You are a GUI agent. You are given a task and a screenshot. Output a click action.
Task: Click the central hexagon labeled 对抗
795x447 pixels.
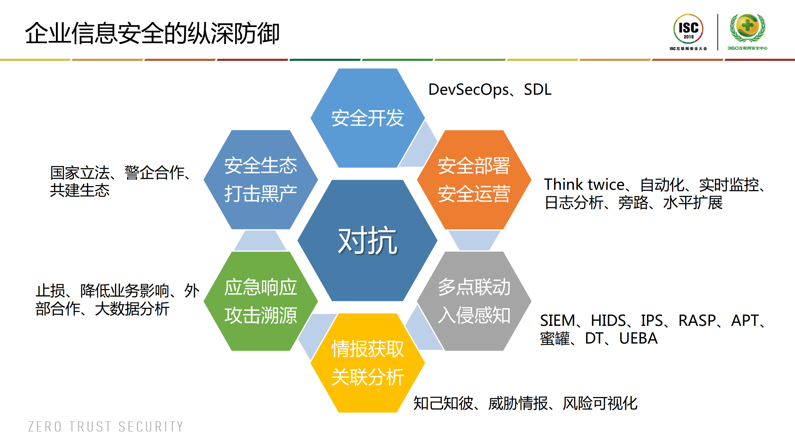pos(368,240)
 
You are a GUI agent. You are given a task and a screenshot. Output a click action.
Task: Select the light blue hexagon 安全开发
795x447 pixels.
pos(368,118)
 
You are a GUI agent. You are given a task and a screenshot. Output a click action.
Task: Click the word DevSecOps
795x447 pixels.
pos(468,90)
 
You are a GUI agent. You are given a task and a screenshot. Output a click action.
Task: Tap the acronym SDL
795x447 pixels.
pos(537,90)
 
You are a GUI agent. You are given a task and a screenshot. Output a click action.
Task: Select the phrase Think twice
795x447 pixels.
pos(584,185)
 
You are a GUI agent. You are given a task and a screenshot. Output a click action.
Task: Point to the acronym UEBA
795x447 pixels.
pos(638,338)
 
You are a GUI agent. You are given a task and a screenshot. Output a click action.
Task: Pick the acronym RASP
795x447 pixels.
pos(697,320)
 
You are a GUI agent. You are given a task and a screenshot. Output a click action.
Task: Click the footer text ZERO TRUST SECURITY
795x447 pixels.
pos(106,426)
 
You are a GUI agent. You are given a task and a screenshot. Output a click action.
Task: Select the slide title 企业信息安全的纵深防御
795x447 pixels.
pos(152,33)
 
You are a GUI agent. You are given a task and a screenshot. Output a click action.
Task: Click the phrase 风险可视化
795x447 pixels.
pos(600,404)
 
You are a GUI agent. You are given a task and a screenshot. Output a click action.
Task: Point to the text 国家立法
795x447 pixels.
pos(80,173)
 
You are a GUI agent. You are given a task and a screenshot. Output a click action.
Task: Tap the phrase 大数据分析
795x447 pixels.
pos(132,309)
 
